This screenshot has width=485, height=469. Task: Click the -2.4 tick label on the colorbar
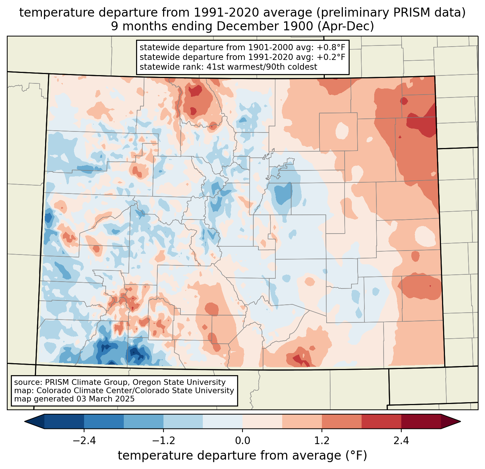tap(84, 441)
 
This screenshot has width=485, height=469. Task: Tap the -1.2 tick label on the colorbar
tap(163, 441)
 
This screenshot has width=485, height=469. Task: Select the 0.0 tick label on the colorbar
tap(242, 441)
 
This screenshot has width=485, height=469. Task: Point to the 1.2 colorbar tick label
tap(322, 441)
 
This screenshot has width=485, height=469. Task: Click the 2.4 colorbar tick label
tap(401, 441)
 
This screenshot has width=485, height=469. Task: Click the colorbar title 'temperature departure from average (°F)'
tap(242, 456)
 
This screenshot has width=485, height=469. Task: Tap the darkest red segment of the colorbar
tap(421, 421)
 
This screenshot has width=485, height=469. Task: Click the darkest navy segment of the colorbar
tap(64, 421)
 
